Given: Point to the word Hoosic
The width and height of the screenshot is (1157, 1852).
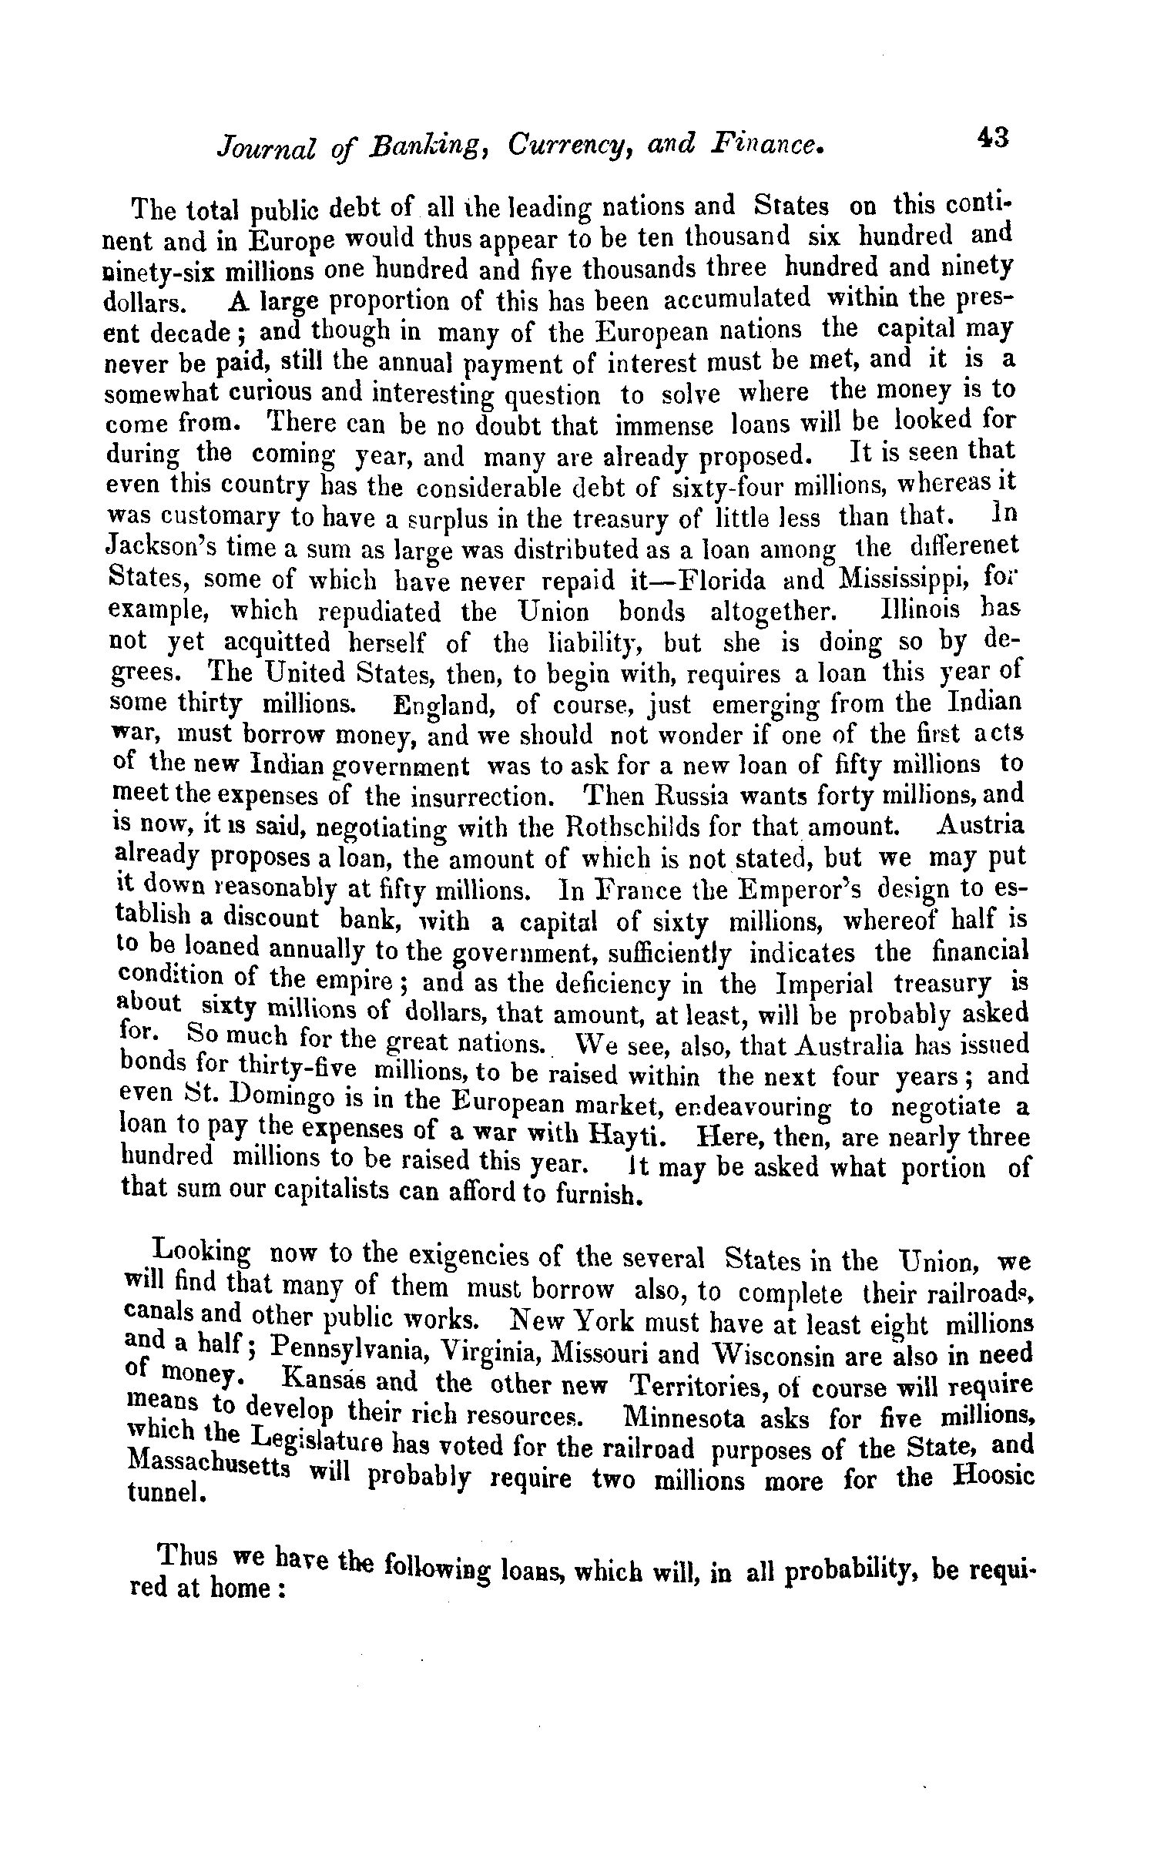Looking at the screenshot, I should [991, 1479].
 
